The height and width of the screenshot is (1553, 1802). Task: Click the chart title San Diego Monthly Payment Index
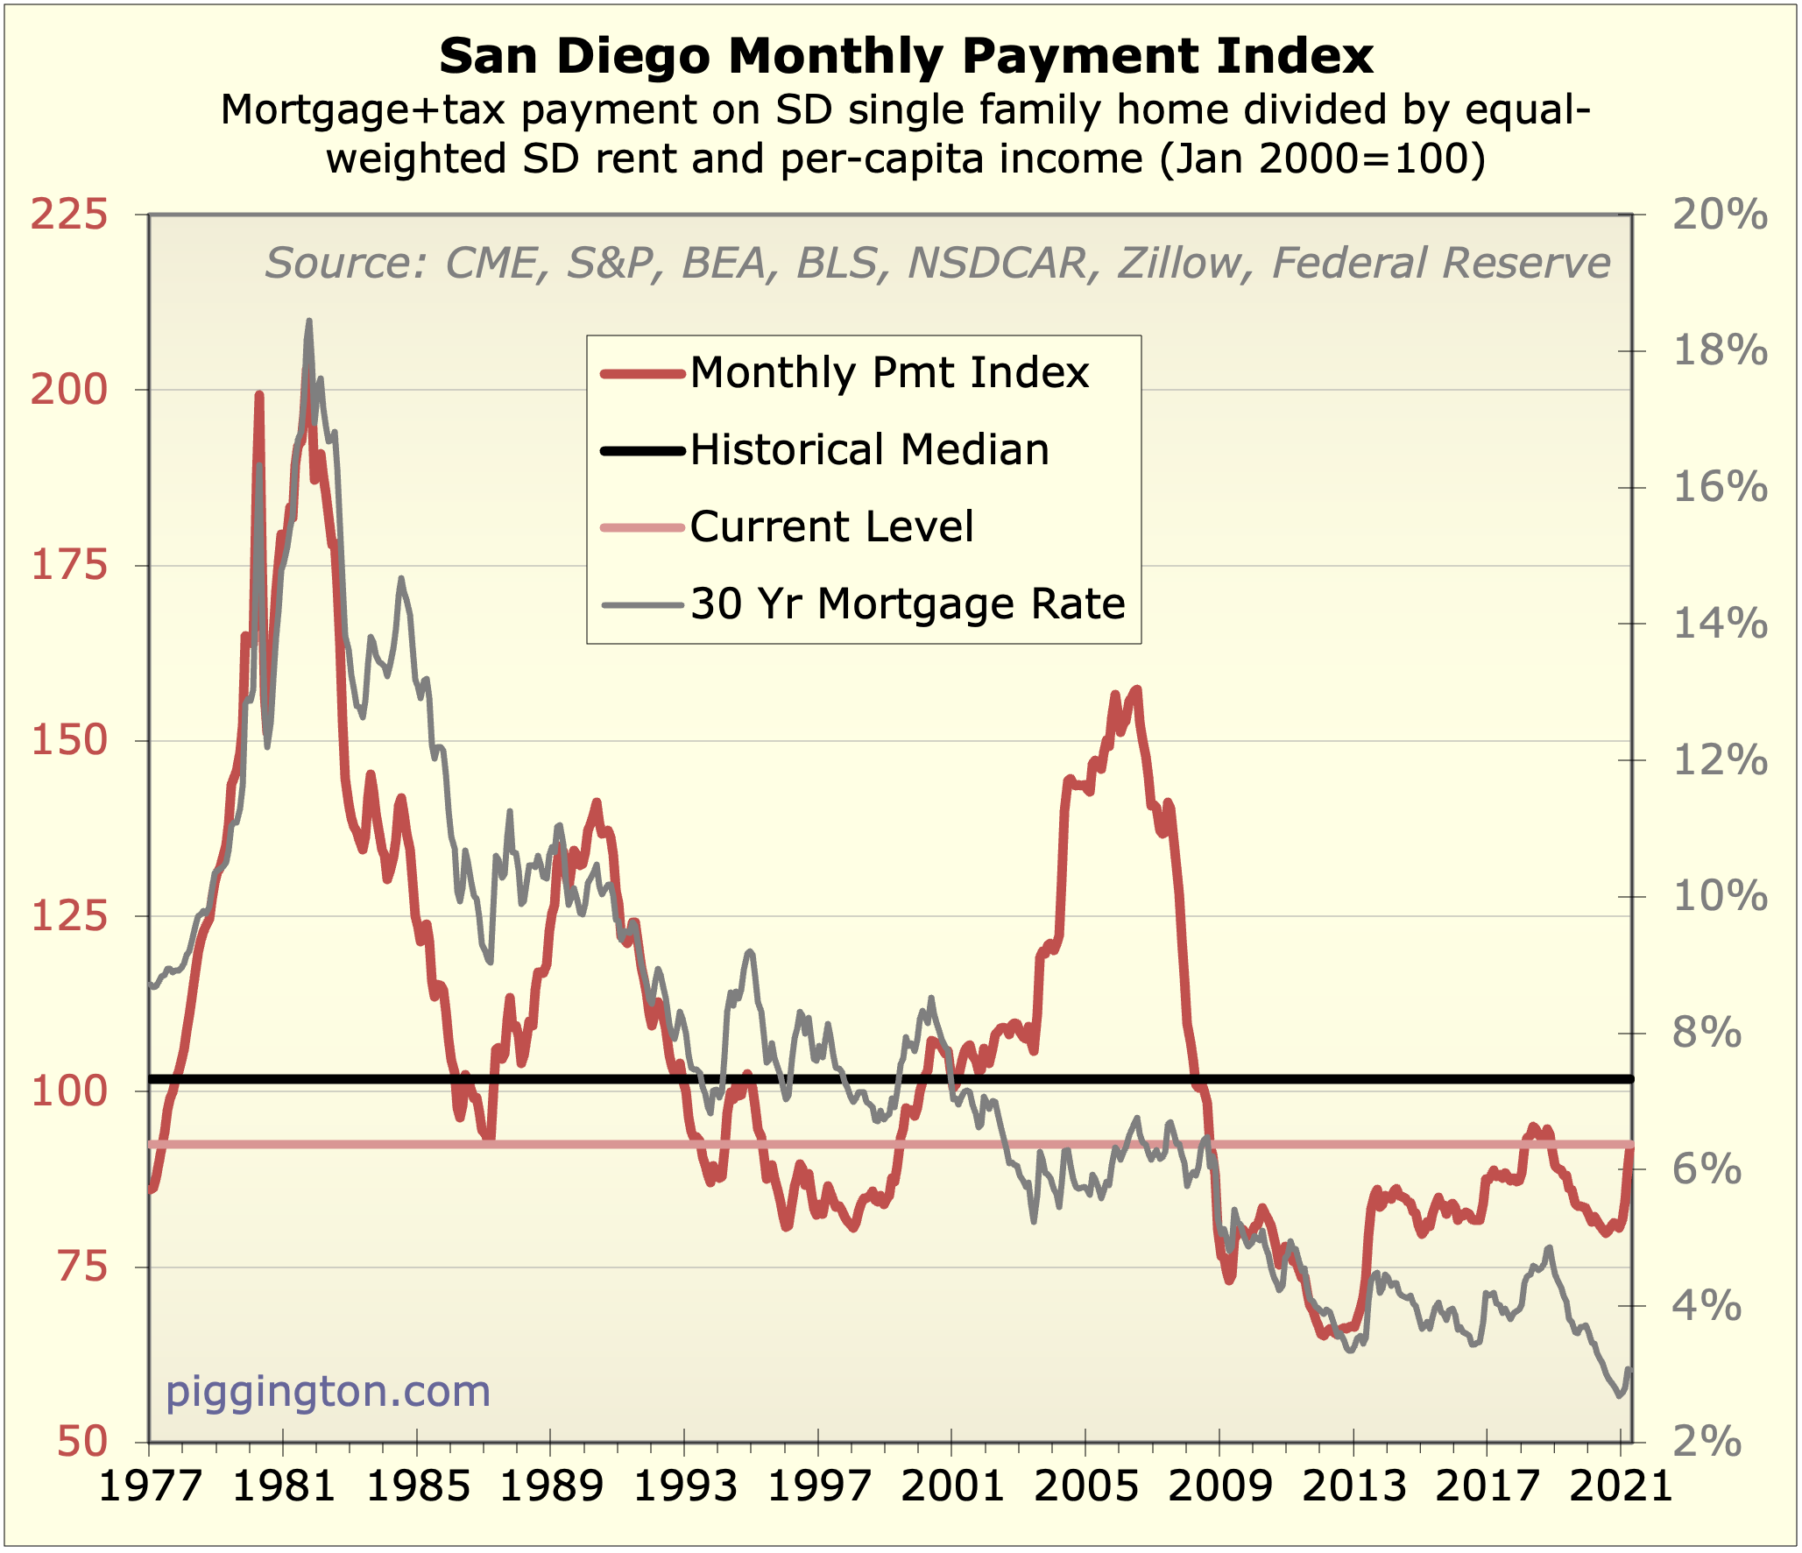pos(906,57)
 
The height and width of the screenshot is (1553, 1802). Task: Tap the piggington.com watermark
pos(328,1391)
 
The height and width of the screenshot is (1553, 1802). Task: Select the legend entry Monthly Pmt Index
pos(889,373)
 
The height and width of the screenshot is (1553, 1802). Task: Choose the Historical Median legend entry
pos(869,450)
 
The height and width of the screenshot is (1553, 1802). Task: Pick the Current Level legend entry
pos(831,527)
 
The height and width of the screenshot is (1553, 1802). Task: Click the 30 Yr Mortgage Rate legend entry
pos(907,604)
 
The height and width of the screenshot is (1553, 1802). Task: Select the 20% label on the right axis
pos(1720,215)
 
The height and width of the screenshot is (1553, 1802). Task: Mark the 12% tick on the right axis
pos(1720,760)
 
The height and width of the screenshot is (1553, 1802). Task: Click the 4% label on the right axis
pos(1707,1306)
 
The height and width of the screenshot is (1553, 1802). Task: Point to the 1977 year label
pos(151,1486)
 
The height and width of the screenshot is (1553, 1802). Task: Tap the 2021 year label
pos(1620,1486)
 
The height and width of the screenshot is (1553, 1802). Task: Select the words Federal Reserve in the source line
pos(1441,264)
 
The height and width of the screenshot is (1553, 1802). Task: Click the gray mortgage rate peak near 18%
pos(308,322)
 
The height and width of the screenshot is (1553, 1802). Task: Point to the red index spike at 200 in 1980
pos(259,396)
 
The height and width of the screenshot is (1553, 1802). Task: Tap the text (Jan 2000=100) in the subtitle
pos(1323,159)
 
